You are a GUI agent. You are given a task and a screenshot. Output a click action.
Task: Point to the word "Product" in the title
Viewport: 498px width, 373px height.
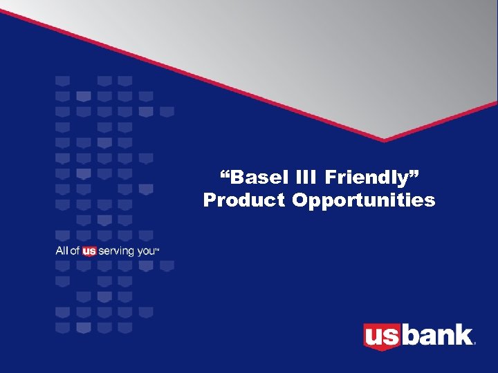245,200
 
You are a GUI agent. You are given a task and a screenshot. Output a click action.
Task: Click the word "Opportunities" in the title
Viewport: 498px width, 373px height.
364,201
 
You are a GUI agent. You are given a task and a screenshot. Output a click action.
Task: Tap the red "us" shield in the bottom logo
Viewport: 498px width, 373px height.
381,336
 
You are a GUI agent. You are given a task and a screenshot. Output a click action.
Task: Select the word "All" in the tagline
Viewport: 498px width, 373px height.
62,251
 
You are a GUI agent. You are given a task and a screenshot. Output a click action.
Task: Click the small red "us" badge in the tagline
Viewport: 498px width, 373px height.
89,251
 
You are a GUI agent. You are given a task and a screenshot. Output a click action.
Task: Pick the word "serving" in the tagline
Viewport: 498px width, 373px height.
116,251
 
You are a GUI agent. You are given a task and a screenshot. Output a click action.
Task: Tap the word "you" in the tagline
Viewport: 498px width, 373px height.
146,252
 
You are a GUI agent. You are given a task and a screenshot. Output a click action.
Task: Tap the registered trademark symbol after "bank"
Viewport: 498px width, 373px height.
475,343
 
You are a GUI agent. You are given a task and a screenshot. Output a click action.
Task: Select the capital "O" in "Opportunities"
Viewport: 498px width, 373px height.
300,200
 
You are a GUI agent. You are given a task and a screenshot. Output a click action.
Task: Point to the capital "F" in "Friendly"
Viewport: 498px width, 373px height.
331,178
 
